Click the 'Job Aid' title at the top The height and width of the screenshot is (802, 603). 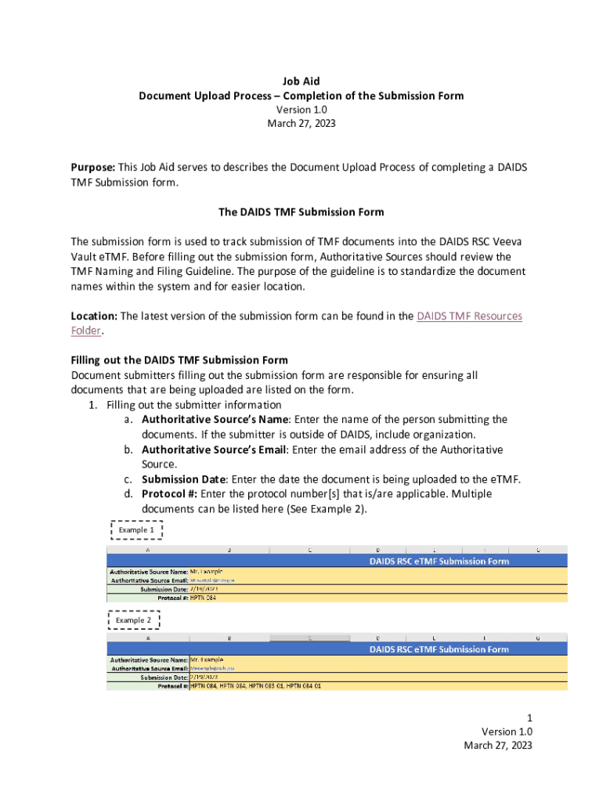301,81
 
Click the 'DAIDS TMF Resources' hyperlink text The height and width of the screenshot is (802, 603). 469,316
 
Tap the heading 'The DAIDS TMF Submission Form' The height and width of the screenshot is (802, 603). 301,212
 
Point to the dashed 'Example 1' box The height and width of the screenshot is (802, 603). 136,530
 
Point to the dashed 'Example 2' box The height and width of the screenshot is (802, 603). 134,620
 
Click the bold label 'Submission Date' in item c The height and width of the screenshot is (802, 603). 184,479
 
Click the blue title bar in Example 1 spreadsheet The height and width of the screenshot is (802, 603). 439,561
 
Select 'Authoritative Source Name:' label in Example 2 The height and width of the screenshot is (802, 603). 149,659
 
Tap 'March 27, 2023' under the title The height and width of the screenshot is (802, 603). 301,125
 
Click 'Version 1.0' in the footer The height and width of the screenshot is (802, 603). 507,731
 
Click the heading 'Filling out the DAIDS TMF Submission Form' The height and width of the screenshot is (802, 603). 179,360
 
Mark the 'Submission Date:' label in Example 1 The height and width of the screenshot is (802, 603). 164,589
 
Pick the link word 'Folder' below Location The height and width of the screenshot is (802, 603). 85,331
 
